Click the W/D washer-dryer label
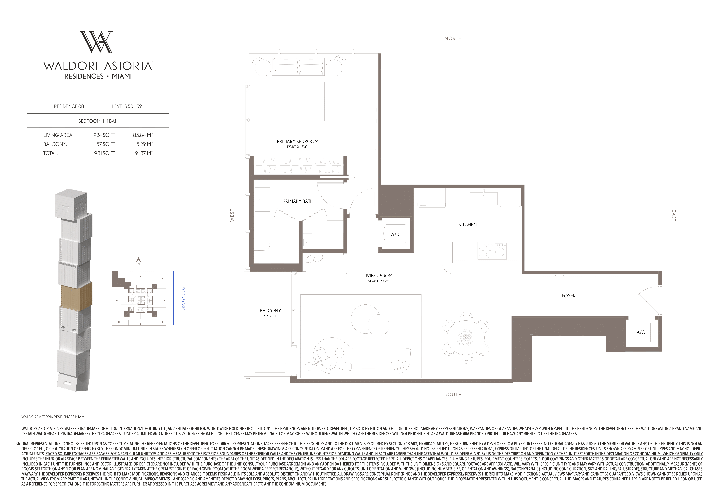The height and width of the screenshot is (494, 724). click(x=395, y=234)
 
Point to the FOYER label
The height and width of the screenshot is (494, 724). click(x=569, y=296)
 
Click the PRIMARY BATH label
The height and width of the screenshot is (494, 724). click(x=298, y=201)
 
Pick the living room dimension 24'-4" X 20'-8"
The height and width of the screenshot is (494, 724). click(x=378, y=281)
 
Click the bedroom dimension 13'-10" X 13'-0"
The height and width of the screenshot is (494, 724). click(x=297, y=147)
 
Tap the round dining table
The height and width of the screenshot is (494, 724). click(x=466, y=338)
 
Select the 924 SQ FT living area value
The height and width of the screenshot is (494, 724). click(x=104, y=135)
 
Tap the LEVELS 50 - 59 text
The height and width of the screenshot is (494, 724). click(x=127, y=106)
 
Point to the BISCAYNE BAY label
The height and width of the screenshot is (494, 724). click(x=183, y=298)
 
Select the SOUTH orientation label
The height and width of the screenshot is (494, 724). click(x=453, y=395)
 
